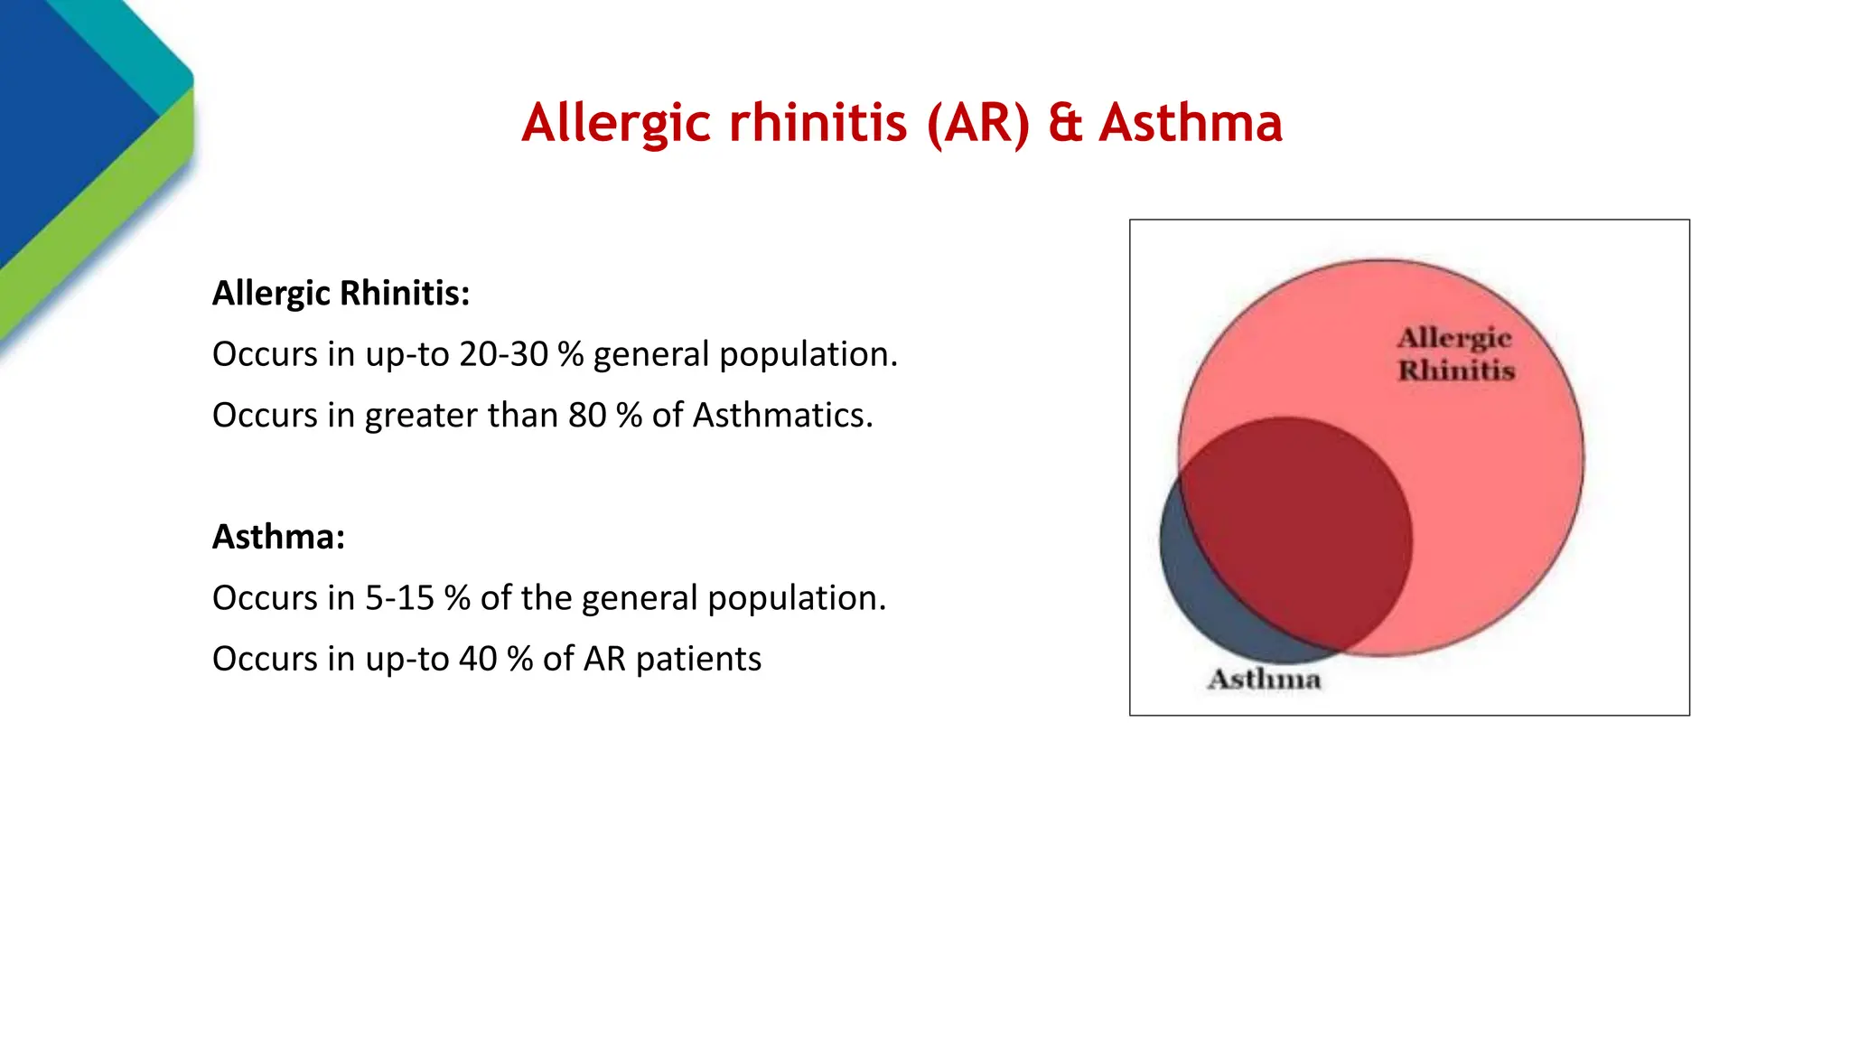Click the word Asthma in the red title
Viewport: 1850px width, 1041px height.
click(x=1190, y=123)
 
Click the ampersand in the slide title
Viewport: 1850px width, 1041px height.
click(x=1065, y=123)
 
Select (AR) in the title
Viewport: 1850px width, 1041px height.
click(x=978, y=123)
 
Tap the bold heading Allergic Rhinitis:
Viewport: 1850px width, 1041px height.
click(x=341, y=294)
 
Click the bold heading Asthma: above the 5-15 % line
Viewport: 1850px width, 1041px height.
click(x=278, y=537)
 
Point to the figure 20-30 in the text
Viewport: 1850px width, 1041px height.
click(x=503, y=354)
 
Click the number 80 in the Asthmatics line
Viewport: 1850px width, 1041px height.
click(x=587, y=416)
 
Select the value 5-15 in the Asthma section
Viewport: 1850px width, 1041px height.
click(x=399, y=598)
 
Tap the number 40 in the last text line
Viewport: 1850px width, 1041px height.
click(x=478, y=659)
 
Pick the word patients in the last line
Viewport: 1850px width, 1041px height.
click(x=698, y=660)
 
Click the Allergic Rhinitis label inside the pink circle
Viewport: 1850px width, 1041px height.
click(x=1454, y=354)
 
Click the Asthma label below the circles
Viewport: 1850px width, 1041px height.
click(x=1264, y=680)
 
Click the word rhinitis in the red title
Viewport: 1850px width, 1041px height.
click(x=818, y=123)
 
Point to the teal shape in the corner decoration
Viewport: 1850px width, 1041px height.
click(x=126, y=45)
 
